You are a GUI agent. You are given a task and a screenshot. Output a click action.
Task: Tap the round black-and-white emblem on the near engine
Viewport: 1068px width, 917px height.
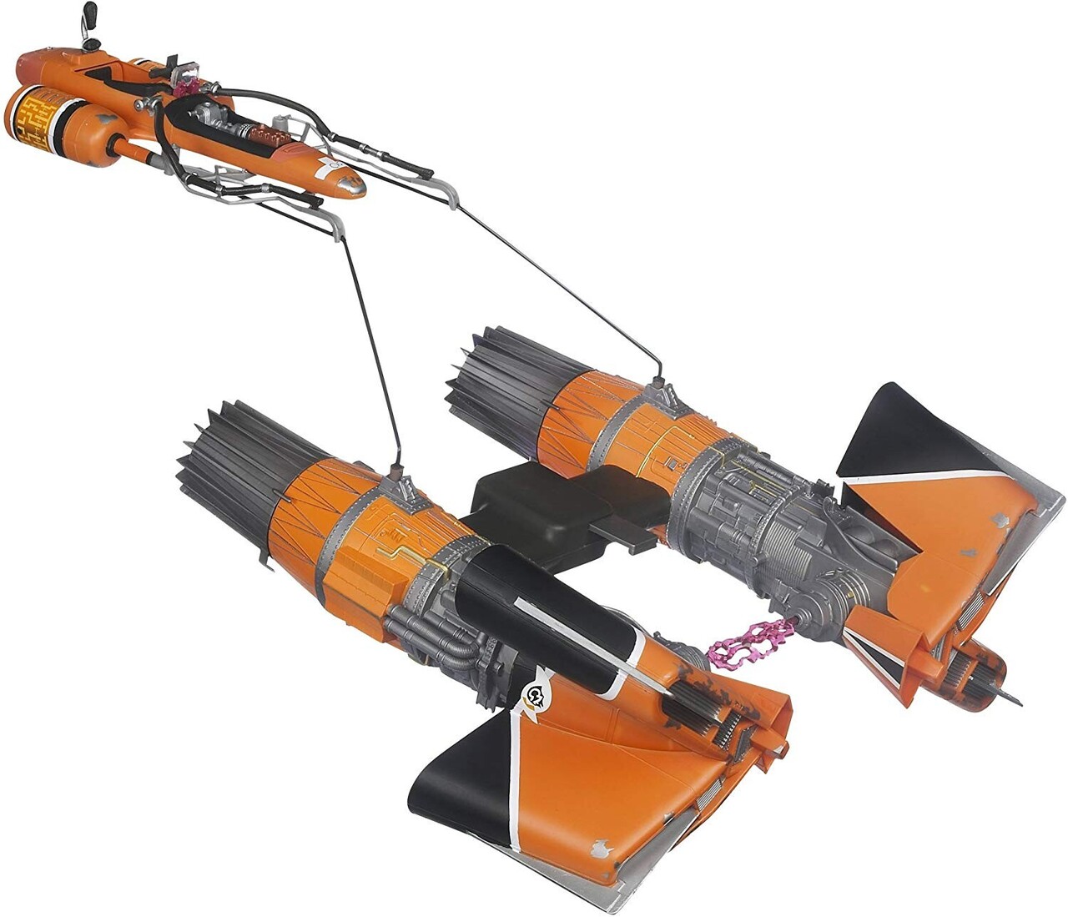pyautogui.click(x=532, y=694)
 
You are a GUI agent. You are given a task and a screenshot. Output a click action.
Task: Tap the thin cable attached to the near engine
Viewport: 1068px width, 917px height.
pyautogui.click(x=371, y=350)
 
